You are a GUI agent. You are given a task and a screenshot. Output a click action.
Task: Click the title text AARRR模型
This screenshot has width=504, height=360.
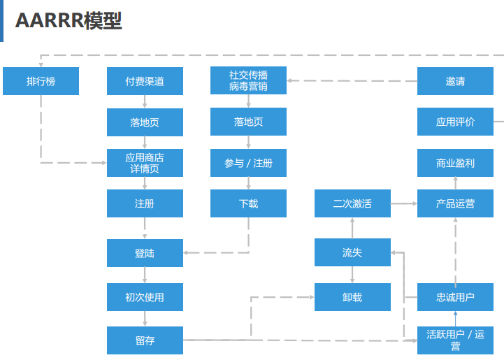[69, 21]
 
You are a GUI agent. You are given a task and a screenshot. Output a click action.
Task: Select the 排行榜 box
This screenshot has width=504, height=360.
[41, 81]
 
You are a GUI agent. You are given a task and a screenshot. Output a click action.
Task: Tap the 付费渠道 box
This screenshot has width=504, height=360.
[145, 81]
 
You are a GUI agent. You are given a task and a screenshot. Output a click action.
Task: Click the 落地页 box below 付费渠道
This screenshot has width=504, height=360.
[145, 122]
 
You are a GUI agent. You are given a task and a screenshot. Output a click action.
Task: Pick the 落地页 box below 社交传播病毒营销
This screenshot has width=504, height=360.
[248, 122]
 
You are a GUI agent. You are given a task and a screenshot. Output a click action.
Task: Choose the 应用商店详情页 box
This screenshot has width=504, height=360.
[145, 163]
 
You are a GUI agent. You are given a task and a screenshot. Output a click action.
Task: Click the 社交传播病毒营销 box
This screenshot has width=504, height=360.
[248, 80]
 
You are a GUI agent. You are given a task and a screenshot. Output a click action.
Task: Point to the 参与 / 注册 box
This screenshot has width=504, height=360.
[248, 163]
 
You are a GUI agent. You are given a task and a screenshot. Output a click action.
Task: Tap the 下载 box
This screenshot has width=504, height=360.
[248, 203]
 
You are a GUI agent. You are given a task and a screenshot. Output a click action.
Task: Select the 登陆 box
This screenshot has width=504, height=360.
[145, 253]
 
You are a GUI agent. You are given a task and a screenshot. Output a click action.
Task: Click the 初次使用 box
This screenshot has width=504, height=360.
[145, 297]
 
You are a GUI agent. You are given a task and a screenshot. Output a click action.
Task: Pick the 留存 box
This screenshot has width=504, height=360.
[145, 340]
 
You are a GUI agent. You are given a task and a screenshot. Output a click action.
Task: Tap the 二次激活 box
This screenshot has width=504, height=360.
[352, 203]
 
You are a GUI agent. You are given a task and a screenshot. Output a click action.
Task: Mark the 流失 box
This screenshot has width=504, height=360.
[352, 252]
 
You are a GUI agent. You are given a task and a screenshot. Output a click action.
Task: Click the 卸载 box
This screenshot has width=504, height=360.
[352, 297]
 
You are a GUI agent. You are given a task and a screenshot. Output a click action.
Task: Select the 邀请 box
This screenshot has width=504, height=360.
[455, 81]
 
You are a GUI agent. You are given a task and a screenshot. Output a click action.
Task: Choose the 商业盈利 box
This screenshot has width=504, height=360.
[455, 163]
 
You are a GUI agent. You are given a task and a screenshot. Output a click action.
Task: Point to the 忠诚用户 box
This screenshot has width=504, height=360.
[455, 297]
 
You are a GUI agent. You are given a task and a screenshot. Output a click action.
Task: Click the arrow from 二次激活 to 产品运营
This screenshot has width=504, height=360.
[403, 203]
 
